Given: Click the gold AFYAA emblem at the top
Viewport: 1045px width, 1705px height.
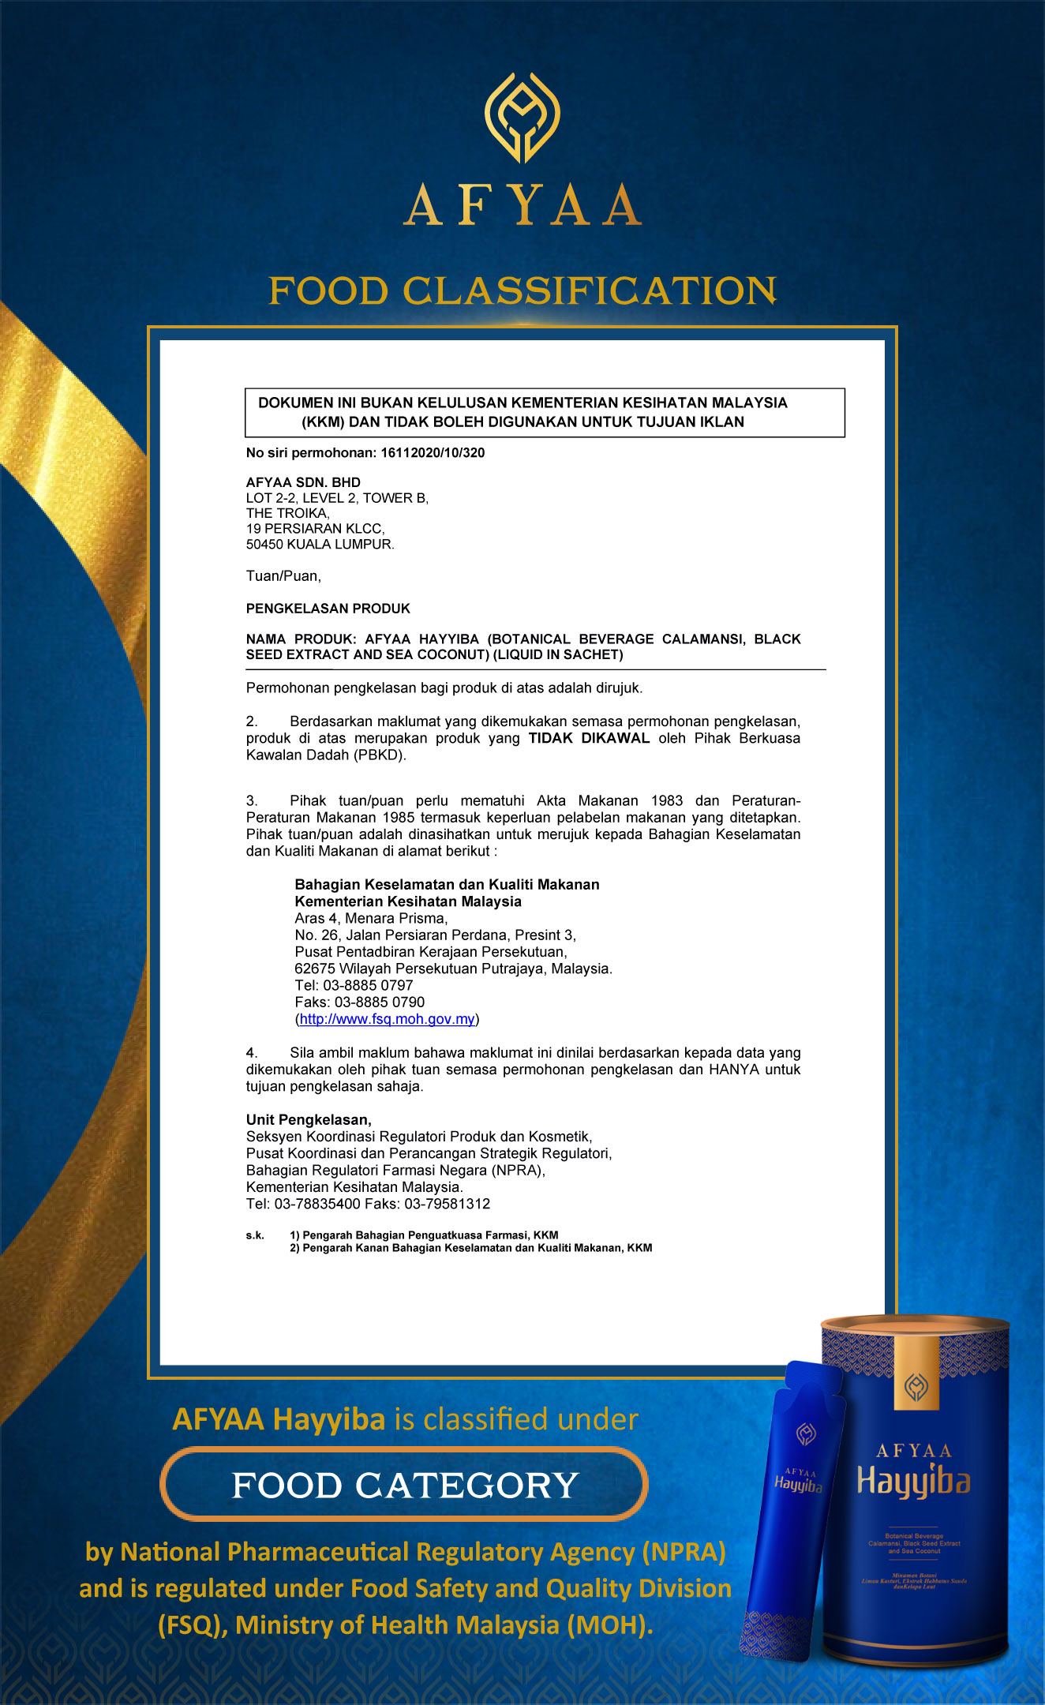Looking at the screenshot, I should (522, 118).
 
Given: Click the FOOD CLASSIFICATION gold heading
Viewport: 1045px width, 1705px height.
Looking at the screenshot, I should (522, 290).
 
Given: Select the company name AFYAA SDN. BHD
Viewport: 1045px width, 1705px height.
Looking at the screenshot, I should (303, 482).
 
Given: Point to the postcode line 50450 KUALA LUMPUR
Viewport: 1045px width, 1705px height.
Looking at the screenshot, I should (320, 545).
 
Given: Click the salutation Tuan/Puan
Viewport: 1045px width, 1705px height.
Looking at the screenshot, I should (283, 576).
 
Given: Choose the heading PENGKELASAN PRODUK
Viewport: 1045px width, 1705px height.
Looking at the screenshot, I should (328, 609).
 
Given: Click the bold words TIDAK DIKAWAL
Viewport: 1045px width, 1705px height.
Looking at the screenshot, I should (589, 738).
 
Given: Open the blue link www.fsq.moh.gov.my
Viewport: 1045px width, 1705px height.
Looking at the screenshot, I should (387, 1019).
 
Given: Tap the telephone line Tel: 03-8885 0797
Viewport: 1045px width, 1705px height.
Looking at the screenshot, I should (354, 985).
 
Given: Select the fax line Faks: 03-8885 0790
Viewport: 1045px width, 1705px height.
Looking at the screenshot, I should (359, 1002).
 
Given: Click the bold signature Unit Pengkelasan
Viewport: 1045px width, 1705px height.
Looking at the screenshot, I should (308, 1119).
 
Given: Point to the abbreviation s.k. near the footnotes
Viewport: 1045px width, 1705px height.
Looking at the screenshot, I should (255, 1235).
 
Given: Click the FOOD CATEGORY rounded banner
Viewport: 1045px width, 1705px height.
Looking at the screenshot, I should (404, 1485).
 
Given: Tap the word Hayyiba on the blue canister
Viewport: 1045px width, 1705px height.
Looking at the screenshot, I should (913, 1482).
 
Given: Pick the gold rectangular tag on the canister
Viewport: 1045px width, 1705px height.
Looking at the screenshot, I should (916, 1373).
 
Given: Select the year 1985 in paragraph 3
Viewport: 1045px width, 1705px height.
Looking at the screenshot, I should (399, 818).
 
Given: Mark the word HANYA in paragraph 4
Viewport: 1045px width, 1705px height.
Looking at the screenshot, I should (734, 1070).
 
